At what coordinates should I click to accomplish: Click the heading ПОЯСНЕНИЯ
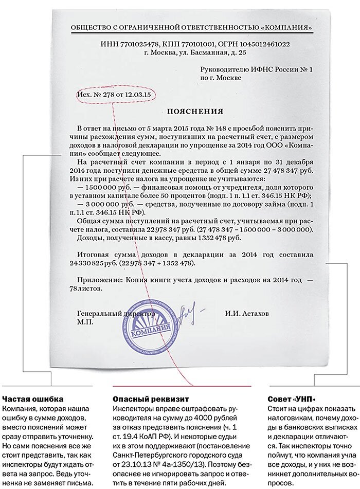(x=194, y=111)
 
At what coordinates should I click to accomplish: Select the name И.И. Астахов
(x=246, y=313)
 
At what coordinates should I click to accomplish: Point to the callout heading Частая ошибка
(x=33, y=399)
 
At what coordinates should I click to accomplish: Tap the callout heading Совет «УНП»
(x=292, y=399)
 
